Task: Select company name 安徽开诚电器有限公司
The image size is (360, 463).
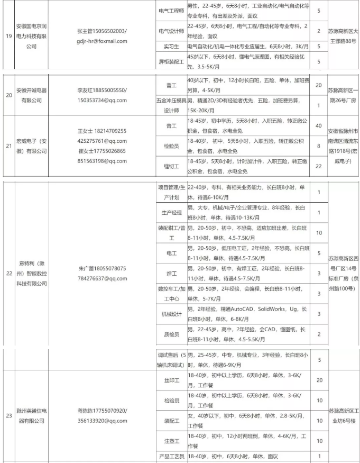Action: point(31,94)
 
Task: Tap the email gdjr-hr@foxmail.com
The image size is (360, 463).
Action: point(101,41)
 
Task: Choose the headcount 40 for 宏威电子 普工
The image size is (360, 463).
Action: point(318,126)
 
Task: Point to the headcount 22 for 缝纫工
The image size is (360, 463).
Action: point(318,166)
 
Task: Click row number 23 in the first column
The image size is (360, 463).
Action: point(9,415)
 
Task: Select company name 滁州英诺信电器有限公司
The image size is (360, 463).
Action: point(31,415)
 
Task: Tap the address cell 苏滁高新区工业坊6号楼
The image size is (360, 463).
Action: point(343,415)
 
